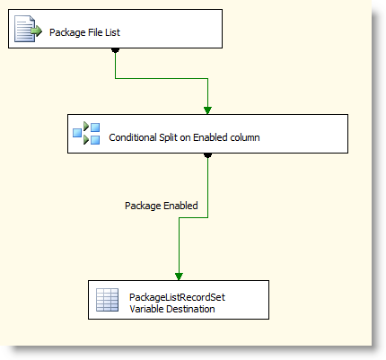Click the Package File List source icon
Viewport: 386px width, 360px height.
(28, 29)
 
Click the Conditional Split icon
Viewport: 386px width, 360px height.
(86, 133)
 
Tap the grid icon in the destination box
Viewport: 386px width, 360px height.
(107, 300)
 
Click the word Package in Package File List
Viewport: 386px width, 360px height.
(67, 32)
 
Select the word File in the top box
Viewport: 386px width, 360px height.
(95, 32)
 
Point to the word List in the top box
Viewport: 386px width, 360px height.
(112, 32)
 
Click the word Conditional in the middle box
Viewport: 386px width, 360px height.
(133, 137)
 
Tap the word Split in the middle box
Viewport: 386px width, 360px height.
(168, 137)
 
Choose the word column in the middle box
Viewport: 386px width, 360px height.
(245, 137)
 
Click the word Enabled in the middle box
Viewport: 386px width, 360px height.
(210, 137)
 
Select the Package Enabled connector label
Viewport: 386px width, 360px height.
(162, 206)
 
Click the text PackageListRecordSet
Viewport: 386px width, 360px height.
(177, 297)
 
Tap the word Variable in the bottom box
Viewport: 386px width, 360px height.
(146, 309)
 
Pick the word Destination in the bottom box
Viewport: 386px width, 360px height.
(190, 309)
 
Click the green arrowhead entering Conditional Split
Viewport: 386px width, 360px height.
(207, 110)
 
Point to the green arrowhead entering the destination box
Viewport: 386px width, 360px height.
(179, 277)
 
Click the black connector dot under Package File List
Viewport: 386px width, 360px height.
(116, 50)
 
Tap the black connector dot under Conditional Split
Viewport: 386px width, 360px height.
(208, 155)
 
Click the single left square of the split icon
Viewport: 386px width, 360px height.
(77, 133)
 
